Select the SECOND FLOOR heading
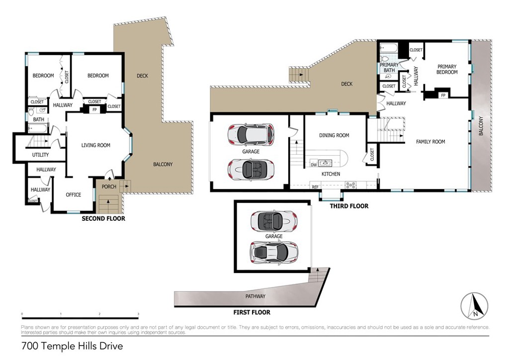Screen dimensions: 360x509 [x=103, y=218]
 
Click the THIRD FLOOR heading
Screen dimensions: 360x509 [x=349, y=206]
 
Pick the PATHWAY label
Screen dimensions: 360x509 [x=255, y=296]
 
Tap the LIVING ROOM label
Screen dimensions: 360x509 [x=96, y=145]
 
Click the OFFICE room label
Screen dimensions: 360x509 [x=74, y=194]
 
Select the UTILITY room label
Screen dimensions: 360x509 [x=40, y=155]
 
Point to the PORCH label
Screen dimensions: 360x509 [x=109, y=187]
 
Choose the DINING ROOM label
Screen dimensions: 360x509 [x=334, y=135]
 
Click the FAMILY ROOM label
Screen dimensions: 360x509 [x=430, y=142]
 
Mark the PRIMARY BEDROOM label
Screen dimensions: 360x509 [x=447, y=69]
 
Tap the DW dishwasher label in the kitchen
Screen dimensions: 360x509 [x=313, y=165]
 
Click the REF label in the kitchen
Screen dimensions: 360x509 [x=315, y=186]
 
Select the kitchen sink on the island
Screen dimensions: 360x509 [x=326, y=162]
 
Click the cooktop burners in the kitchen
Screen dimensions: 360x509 [x=350, y=185]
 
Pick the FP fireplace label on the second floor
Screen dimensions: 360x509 [x=94, y=109]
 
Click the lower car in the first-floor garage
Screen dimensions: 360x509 [x=274, y=253]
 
